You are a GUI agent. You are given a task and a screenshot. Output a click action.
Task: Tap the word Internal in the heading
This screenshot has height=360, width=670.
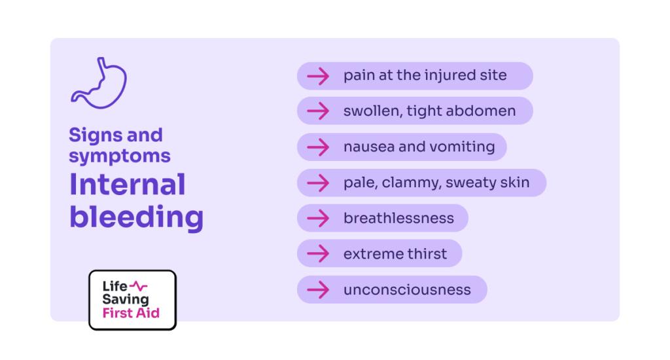(128, 185)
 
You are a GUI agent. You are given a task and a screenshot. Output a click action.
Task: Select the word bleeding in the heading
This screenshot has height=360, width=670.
(136, 217)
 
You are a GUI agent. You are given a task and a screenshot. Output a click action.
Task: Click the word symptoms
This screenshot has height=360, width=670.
(120, 156)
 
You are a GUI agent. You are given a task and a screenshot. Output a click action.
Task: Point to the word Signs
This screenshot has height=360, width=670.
(96, 136)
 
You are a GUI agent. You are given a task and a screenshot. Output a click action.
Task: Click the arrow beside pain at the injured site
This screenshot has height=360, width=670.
(319, 76)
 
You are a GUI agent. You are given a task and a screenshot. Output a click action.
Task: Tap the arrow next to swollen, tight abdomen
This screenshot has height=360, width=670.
(319, 111)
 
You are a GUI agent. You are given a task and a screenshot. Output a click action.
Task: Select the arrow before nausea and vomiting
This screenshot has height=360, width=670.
(319, 147)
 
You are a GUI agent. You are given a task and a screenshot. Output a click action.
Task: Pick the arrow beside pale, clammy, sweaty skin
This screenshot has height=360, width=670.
(319, 183)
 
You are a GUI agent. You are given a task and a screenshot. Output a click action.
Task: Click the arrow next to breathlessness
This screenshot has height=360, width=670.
(319, 218)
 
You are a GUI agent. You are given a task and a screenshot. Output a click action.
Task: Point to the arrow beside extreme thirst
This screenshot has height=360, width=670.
(319, 253)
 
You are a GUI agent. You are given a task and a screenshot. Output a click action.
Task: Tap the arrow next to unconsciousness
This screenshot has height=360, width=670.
(319, 289)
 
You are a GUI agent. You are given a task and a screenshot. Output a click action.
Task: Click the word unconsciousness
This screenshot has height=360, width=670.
(407, 290)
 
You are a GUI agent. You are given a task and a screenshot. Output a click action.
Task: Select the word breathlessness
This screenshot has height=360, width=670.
(398, 218)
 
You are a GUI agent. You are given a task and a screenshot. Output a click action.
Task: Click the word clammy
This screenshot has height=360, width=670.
(411, 183)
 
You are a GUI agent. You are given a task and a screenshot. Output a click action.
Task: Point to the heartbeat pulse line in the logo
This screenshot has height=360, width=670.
(139, 285)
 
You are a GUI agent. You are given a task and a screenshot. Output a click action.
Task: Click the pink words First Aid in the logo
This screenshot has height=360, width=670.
(131, 313)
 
